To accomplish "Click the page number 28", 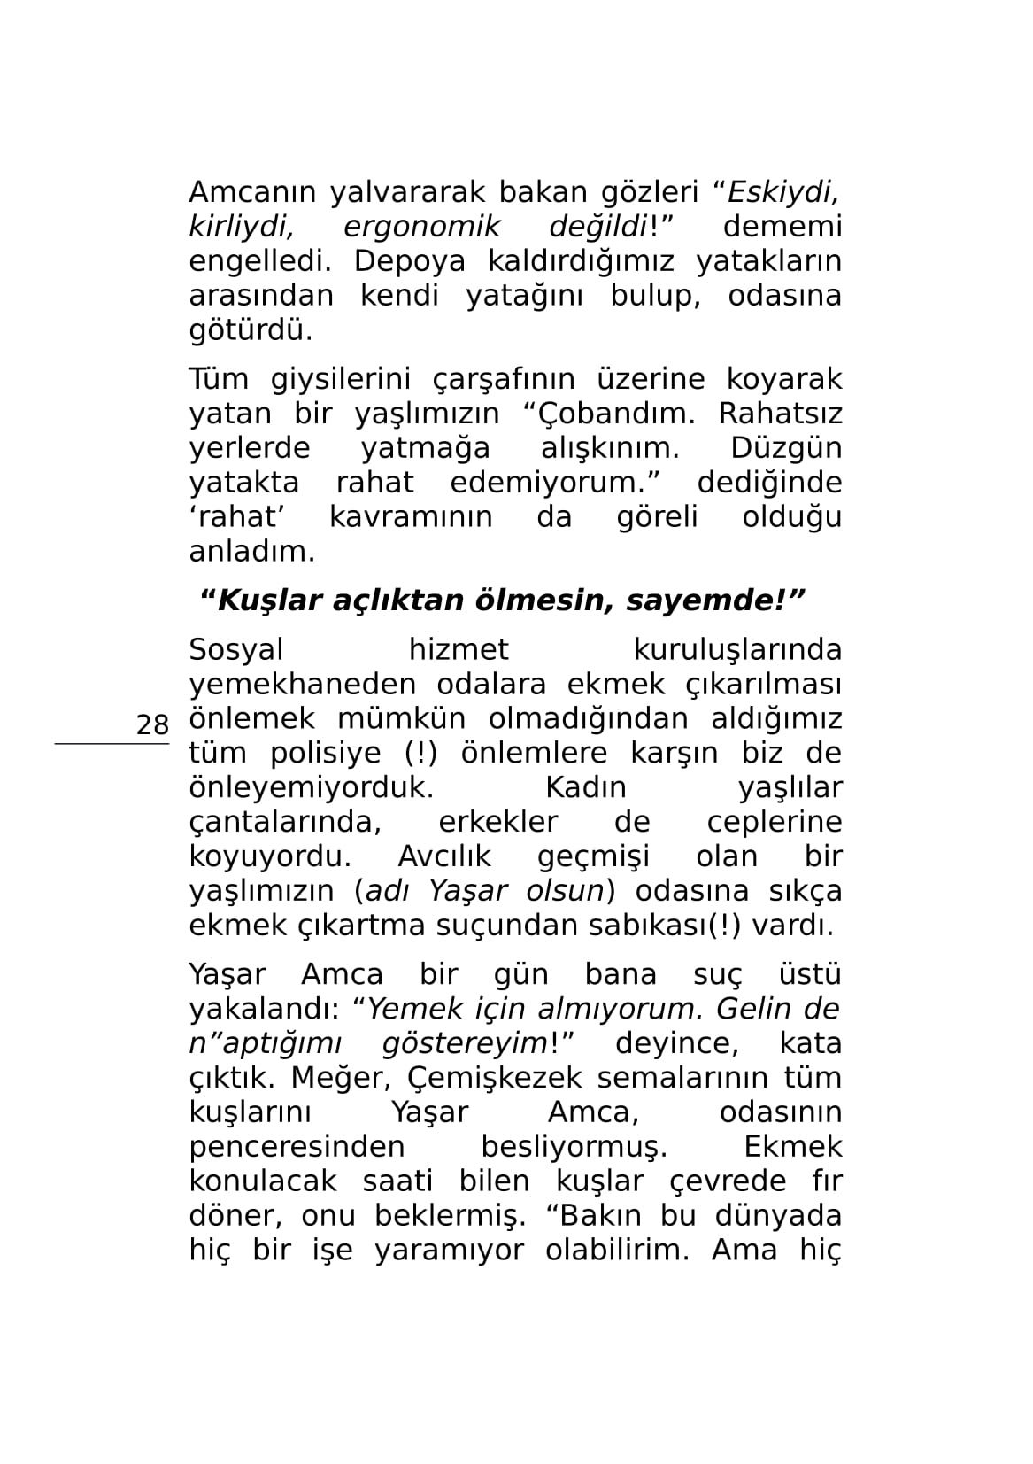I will click(x=152, y=725).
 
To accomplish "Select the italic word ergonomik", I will click(x=420, y=227).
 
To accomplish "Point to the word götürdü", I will click(x=251, y=330).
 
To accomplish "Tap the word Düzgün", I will click(x=785, y=448).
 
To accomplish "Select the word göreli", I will click(x=657, y=517).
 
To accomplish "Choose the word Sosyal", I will click(x=236, y=650).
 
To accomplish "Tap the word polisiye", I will click(x=328, y=754).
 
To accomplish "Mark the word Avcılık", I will click(x=444, y=857).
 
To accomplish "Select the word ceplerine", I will click(x=774, y=823).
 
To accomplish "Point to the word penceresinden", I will click(x=297, y=1148).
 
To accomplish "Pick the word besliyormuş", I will click(x=574, y=1148).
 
